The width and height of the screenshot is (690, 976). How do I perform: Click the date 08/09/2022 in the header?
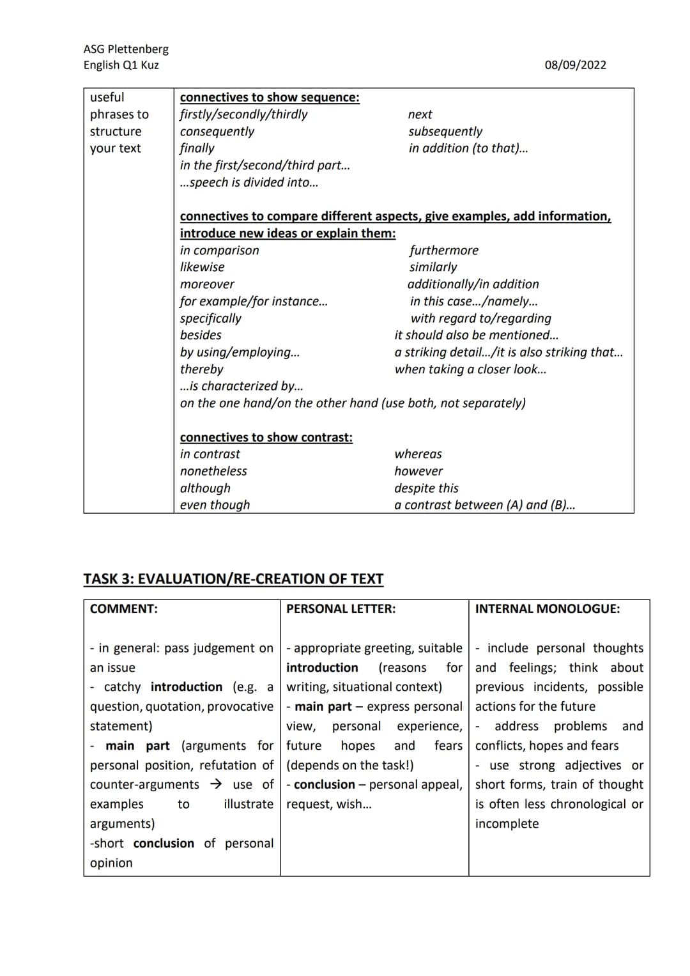pyautogui.click(x=575, y=65)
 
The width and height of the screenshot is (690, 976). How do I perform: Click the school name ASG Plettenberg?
pyautogui.click(x=126, y=49)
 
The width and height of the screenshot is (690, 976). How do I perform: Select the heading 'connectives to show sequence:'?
pyautogui.click(x=270, y=98)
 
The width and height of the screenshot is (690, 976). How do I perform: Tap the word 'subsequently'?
pyautogui.click(x=445, y=132)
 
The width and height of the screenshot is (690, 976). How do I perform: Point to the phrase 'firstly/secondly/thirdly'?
pyautogui.click(x=243, y=114)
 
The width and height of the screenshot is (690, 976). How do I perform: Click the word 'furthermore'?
pyautogui.click(x=443, y=251)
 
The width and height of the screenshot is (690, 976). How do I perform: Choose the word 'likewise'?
pyautogui.click(x=202, y=267)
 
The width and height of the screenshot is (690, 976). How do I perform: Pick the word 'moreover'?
pyautogui.click(x=207, y=284)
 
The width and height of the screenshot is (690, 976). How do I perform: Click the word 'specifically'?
pyautogui.click(x=211, y=318)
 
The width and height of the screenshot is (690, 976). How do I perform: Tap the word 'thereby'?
pyautogui.click(x=202, y=369)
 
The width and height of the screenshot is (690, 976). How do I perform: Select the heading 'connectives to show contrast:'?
pyautogui.click(x=266, y=438)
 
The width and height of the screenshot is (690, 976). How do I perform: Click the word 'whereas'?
pyautogui.click(x=418, y=454)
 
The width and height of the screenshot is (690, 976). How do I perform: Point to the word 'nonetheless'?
pyautogui.click(x=213, y=472)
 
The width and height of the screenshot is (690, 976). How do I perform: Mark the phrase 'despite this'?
pyautogui.click(x=426, y=488)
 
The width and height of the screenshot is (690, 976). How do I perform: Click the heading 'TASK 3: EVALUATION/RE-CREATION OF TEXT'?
pyautogui.click(x=233, y=579)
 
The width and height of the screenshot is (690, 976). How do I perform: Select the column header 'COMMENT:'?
pyautogui.click(x=124, y=609)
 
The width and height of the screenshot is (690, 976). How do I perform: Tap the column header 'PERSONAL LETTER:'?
pyautogui.click(x=341, y=609)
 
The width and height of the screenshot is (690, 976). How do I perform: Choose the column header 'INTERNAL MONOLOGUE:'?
pyautogui.click(x=547, y=609)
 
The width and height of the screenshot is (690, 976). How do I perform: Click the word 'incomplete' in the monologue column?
pyautogui.click(x=507, y=824)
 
